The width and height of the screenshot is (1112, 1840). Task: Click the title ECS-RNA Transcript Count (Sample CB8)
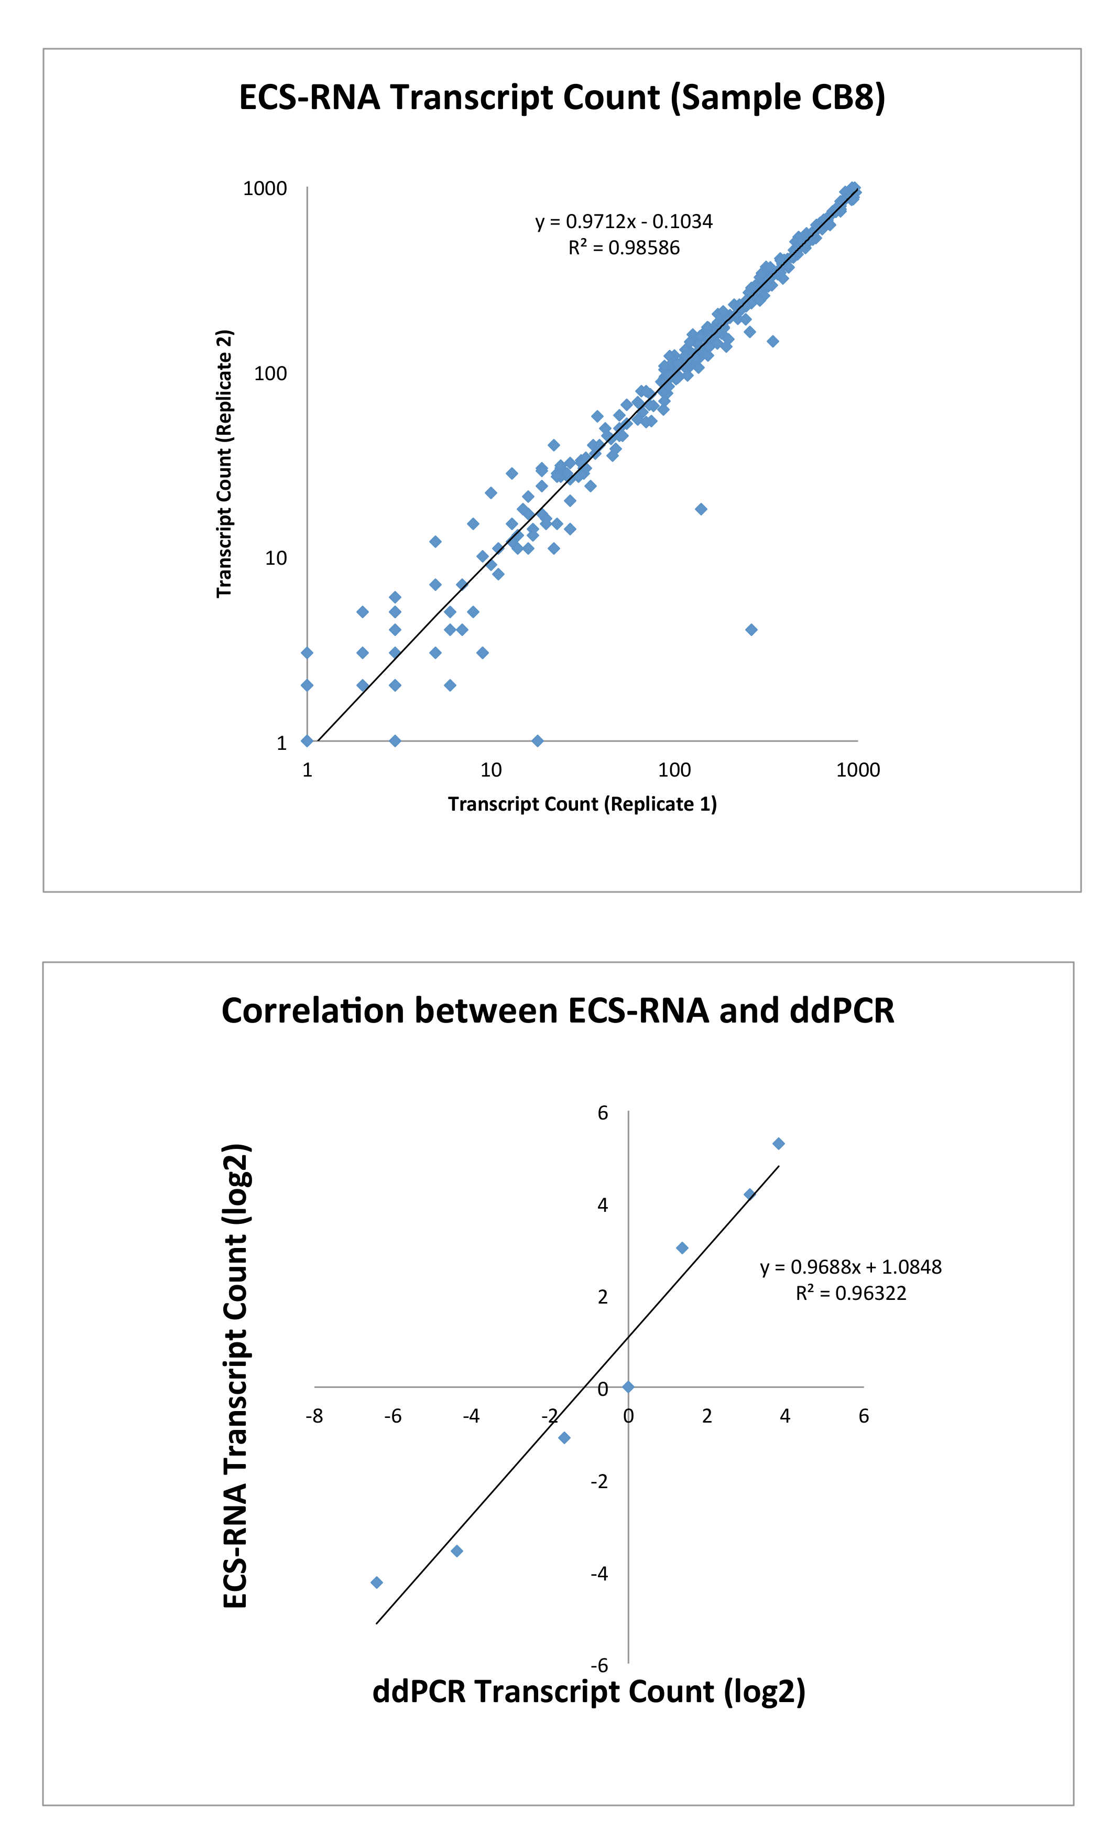click(x=561, y=98)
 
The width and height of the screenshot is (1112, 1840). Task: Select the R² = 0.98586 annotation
click(x=624, y=248)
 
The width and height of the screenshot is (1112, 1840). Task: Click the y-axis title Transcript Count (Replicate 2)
click(x=224, y=463)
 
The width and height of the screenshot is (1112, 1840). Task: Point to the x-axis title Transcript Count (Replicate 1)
click(x=582, y=804)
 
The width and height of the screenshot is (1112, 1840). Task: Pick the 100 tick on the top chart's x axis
click(x=674, y=770)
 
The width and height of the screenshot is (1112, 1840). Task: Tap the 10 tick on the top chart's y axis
click(x=276, y=558)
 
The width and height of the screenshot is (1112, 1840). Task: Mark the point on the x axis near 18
click(x=537, y=741)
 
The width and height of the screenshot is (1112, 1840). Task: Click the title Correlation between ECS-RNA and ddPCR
click(x=558, y=1011)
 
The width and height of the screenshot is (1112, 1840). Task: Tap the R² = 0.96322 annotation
click(x=851, y=1294)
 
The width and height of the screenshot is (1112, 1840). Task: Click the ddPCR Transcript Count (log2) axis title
click(x=589, y=1692)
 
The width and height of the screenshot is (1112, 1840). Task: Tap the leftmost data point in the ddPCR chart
click(x=377, y=1583)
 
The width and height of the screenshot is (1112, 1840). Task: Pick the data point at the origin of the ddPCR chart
click(x=628, y=1387)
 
